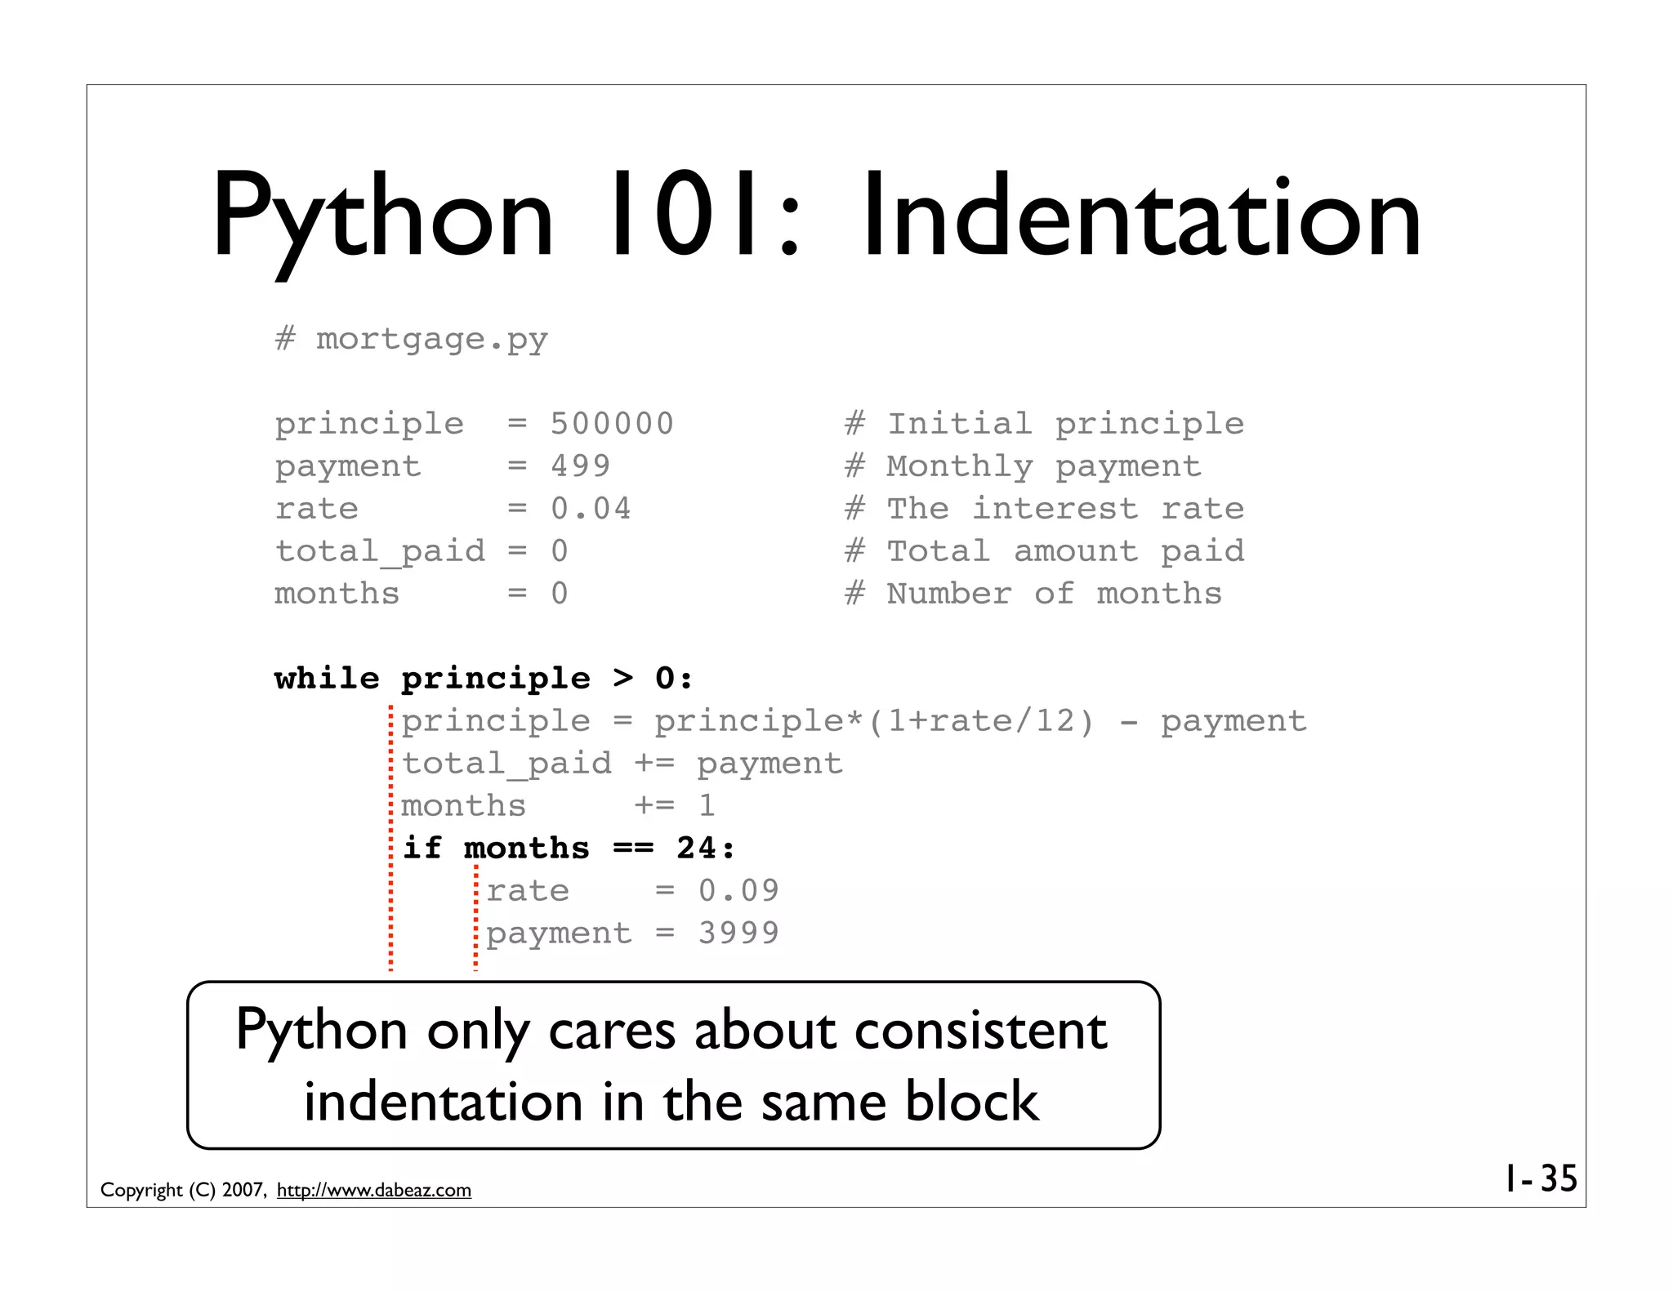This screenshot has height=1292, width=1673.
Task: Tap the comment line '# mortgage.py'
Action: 411,339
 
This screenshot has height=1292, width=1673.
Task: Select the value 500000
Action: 612,424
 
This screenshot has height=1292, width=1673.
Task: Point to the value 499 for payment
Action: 580,466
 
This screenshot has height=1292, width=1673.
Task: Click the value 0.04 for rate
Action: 591,509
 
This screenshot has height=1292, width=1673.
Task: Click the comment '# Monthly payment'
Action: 1023,466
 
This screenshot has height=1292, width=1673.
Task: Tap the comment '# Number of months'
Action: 1033,594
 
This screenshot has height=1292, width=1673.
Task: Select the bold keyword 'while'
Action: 327,679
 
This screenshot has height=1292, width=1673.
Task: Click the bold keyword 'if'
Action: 422,848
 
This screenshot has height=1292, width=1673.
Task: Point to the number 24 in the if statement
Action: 696,848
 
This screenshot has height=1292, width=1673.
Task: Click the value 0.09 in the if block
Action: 738,890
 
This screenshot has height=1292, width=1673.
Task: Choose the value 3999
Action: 738,933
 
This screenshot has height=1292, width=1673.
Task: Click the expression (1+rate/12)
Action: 980,721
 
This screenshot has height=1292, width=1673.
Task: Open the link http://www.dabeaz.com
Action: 373,1190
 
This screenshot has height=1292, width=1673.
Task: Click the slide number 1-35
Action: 1541,1178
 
